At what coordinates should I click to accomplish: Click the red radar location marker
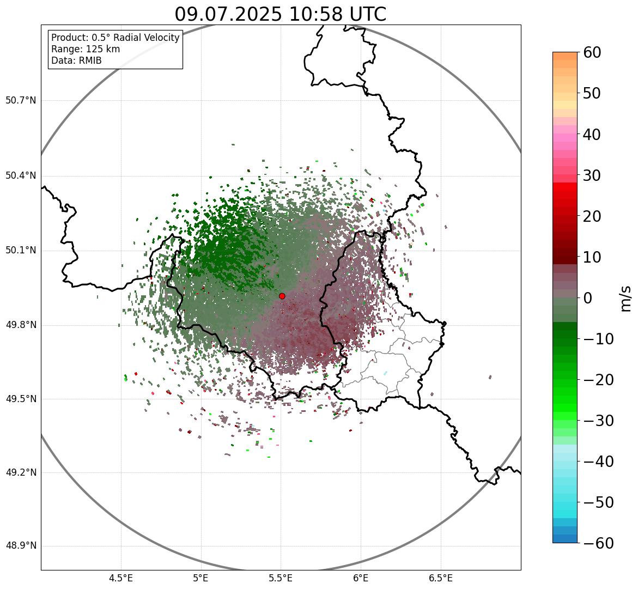282,296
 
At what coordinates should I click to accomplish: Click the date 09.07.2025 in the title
228,14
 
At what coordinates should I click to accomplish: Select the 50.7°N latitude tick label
21,100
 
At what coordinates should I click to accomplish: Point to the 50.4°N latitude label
21,175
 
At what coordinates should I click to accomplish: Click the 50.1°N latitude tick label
21,251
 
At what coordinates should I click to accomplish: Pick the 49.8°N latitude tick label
21,325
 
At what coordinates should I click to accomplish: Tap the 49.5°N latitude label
21,399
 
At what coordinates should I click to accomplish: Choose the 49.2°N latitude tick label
21,472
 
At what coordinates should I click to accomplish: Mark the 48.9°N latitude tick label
21,546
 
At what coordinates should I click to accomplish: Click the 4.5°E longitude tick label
121,578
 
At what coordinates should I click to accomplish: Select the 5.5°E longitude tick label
281,578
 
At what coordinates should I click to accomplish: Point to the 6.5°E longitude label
440,578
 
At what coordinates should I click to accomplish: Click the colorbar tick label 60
592,52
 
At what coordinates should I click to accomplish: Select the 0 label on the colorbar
588,298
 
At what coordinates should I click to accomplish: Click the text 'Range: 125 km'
86,49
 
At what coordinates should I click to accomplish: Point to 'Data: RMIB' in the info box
76,60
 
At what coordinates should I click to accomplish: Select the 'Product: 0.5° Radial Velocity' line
115,38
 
